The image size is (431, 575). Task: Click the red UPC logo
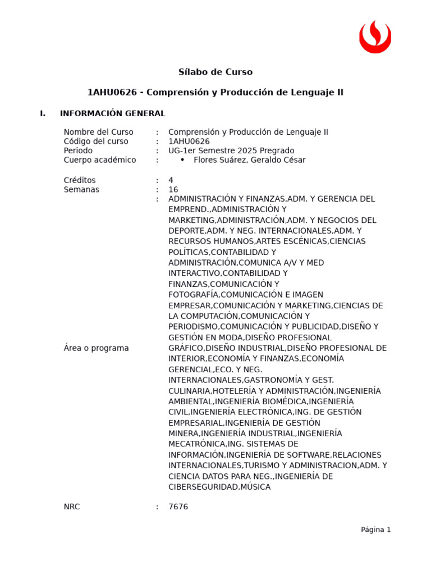[375, 37]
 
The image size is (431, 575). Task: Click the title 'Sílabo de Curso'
[215, 72]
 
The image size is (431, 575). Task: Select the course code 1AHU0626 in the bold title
[112, 92]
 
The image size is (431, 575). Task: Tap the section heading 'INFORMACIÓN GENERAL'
[112, 113]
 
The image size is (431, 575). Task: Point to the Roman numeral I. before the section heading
[43, 113]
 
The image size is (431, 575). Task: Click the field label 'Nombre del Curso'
[98, 132]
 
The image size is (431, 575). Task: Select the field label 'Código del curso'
[96, 142]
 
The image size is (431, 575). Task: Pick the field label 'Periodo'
[78, 150]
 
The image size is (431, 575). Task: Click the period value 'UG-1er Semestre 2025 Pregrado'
[231, 150]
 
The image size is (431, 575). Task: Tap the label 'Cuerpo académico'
[100, 160]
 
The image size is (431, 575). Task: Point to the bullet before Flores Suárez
[182, 159]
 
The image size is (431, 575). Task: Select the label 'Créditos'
[80, 180]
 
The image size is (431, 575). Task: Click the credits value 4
[171, 180]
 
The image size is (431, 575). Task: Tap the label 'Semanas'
[81, 190]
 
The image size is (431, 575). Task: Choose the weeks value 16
[173, 190]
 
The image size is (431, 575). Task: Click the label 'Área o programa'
[96, 348]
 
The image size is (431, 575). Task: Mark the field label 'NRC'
[72, 506]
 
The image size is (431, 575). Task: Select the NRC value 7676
[178, 506]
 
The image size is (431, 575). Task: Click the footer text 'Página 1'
[375, 530]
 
